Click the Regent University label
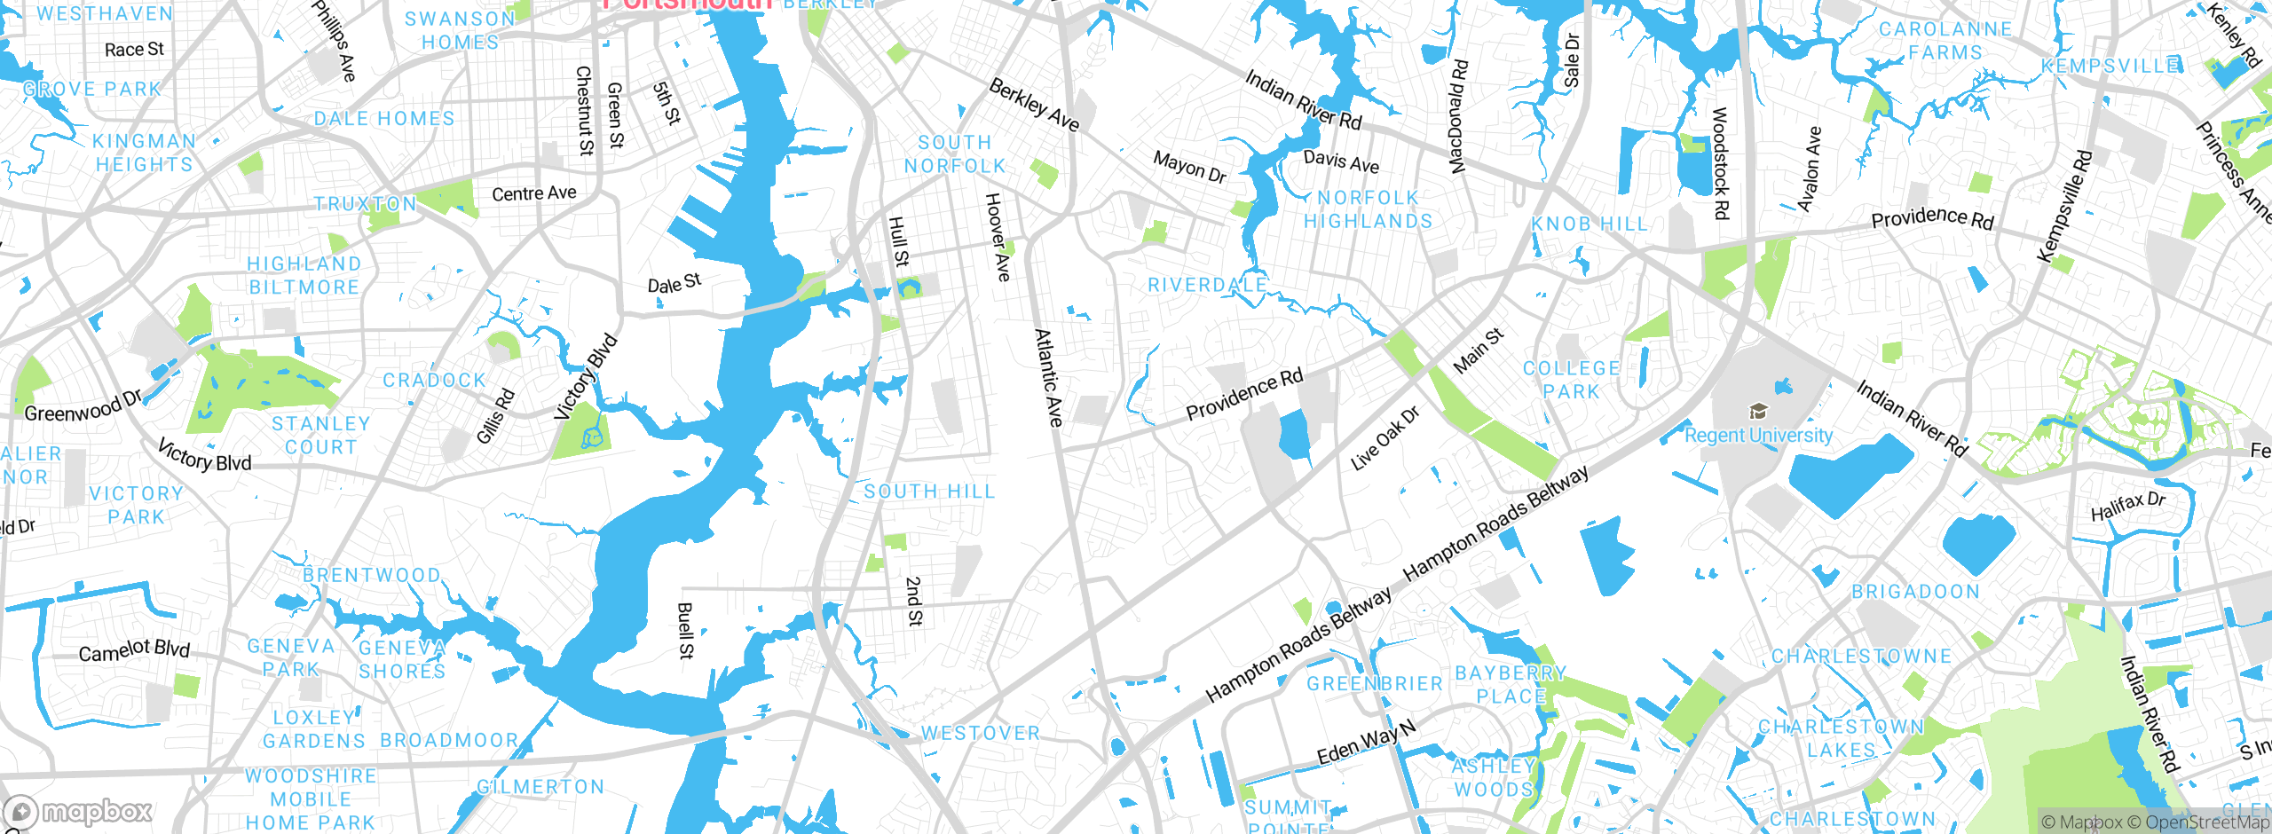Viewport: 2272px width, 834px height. coord(1758,436)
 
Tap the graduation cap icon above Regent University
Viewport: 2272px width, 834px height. coord(1757,411)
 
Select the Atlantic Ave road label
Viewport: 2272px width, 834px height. coord(1049,377)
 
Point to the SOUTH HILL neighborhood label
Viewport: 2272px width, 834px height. coord(929,492)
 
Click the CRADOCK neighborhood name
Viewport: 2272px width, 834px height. coord(434,381)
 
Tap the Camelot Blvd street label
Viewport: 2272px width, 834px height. coord(134,650)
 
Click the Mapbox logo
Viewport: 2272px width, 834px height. coord(78,811)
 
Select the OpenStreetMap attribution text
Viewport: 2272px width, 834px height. coord(2206,822)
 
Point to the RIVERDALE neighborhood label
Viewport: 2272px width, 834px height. coord(1207,285)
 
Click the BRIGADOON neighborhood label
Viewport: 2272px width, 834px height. coord(1915,592)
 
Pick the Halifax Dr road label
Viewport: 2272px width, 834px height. coord(2127,507)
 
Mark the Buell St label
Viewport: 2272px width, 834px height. coord(685,631)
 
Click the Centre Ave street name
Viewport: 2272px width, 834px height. coord(533,193)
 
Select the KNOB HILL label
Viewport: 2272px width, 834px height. coord(1589,224)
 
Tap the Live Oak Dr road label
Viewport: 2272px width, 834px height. coord(1384,438)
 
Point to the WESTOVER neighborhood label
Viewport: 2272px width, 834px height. coord(980,733)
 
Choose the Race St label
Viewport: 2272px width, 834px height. coord(134,50)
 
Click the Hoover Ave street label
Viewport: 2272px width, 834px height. coord(998,237)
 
